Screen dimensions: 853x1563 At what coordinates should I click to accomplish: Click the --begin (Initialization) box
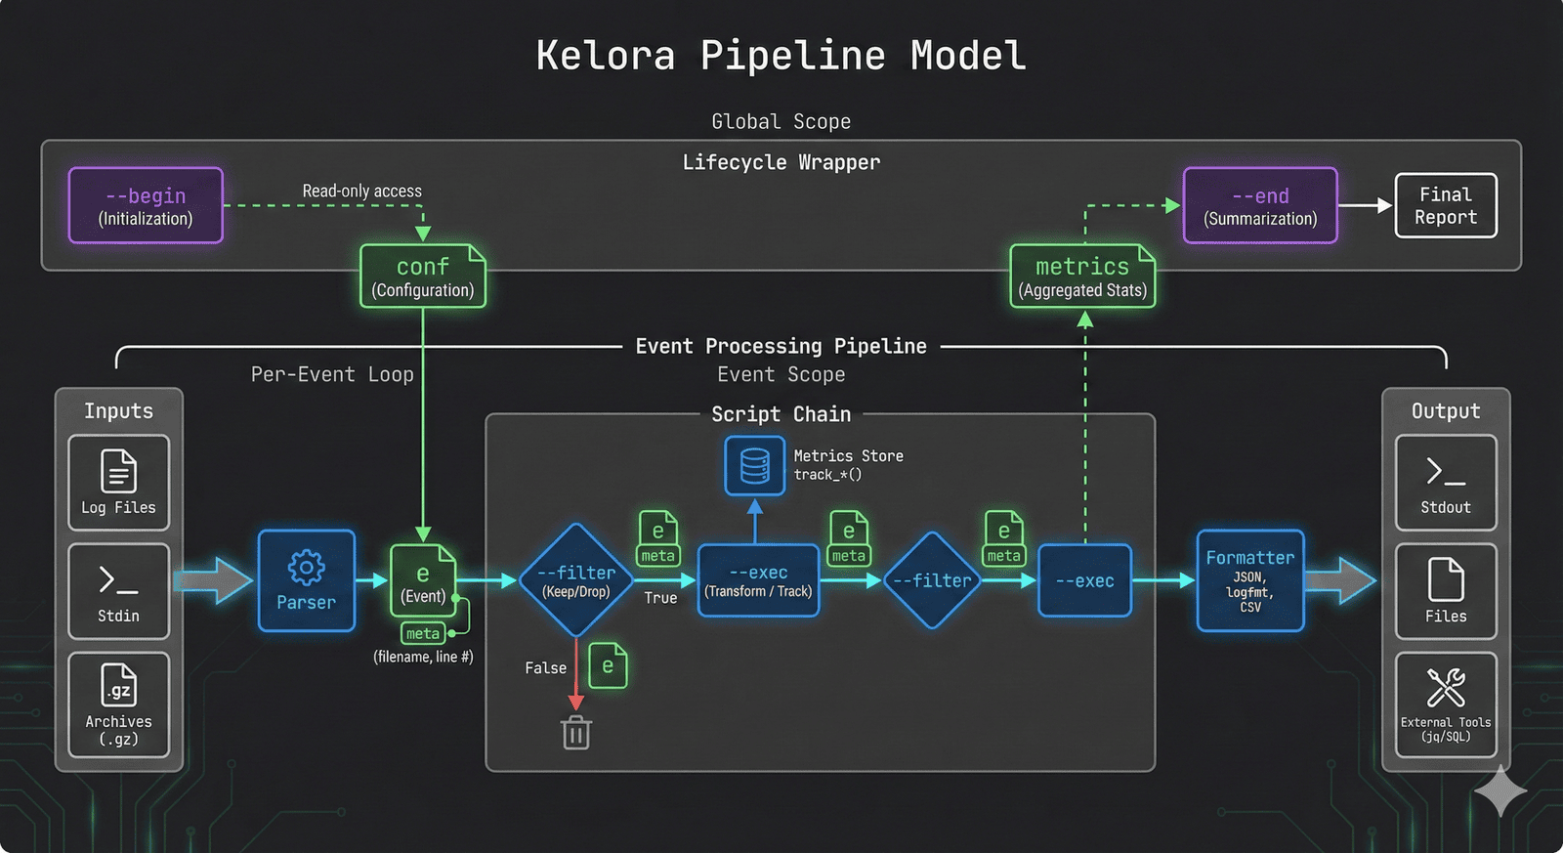click(x=146, y=205)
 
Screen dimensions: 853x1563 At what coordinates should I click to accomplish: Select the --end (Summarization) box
click(x=1259, y=205)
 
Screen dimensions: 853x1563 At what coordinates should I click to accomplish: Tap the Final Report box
click(x=1445, y=205)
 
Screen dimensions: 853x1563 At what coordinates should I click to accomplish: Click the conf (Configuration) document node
click(x=422, y=277)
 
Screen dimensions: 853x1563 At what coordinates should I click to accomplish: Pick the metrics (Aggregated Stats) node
click(x=1082, y=277)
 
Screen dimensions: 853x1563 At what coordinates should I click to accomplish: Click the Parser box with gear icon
click(x=306, y=580)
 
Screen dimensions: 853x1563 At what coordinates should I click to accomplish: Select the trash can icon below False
click(x=576, y=732)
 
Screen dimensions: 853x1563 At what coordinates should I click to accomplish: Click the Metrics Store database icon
click(x=754, y=466)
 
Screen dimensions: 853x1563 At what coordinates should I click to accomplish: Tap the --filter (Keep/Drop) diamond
click(x=577, y=580)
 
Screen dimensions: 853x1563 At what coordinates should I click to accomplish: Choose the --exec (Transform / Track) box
click(x=759, y=580)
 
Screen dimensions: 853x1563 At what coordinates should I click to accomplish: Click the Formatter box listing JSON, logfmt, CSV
click(x=1249, y=580)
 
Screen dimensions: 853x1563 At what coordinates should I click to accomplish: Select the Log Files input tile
click(x=118, y=483)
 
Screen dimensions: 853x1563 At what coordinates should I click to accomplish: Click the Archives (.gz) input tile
click(x=118, y=704)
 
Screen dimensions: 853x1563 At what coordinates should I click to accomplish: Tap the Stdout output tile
click(x=1445, y=483)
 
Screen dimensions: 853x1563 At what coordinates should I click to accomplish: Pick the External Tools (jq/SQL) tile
click(x=1445, y=704)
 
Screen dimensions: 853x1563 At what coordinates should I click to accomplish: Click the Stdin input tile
click(x=118, y=591)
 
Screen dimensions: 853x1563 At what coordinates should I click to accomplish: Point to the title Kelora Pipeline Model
click(x=781, y=56)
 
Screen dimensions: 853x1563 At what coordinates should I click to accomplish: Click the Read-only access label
click(x=361, y=191)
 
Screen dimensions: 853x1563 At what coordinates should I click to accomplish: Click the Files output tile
click(x=1445, y=591)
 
